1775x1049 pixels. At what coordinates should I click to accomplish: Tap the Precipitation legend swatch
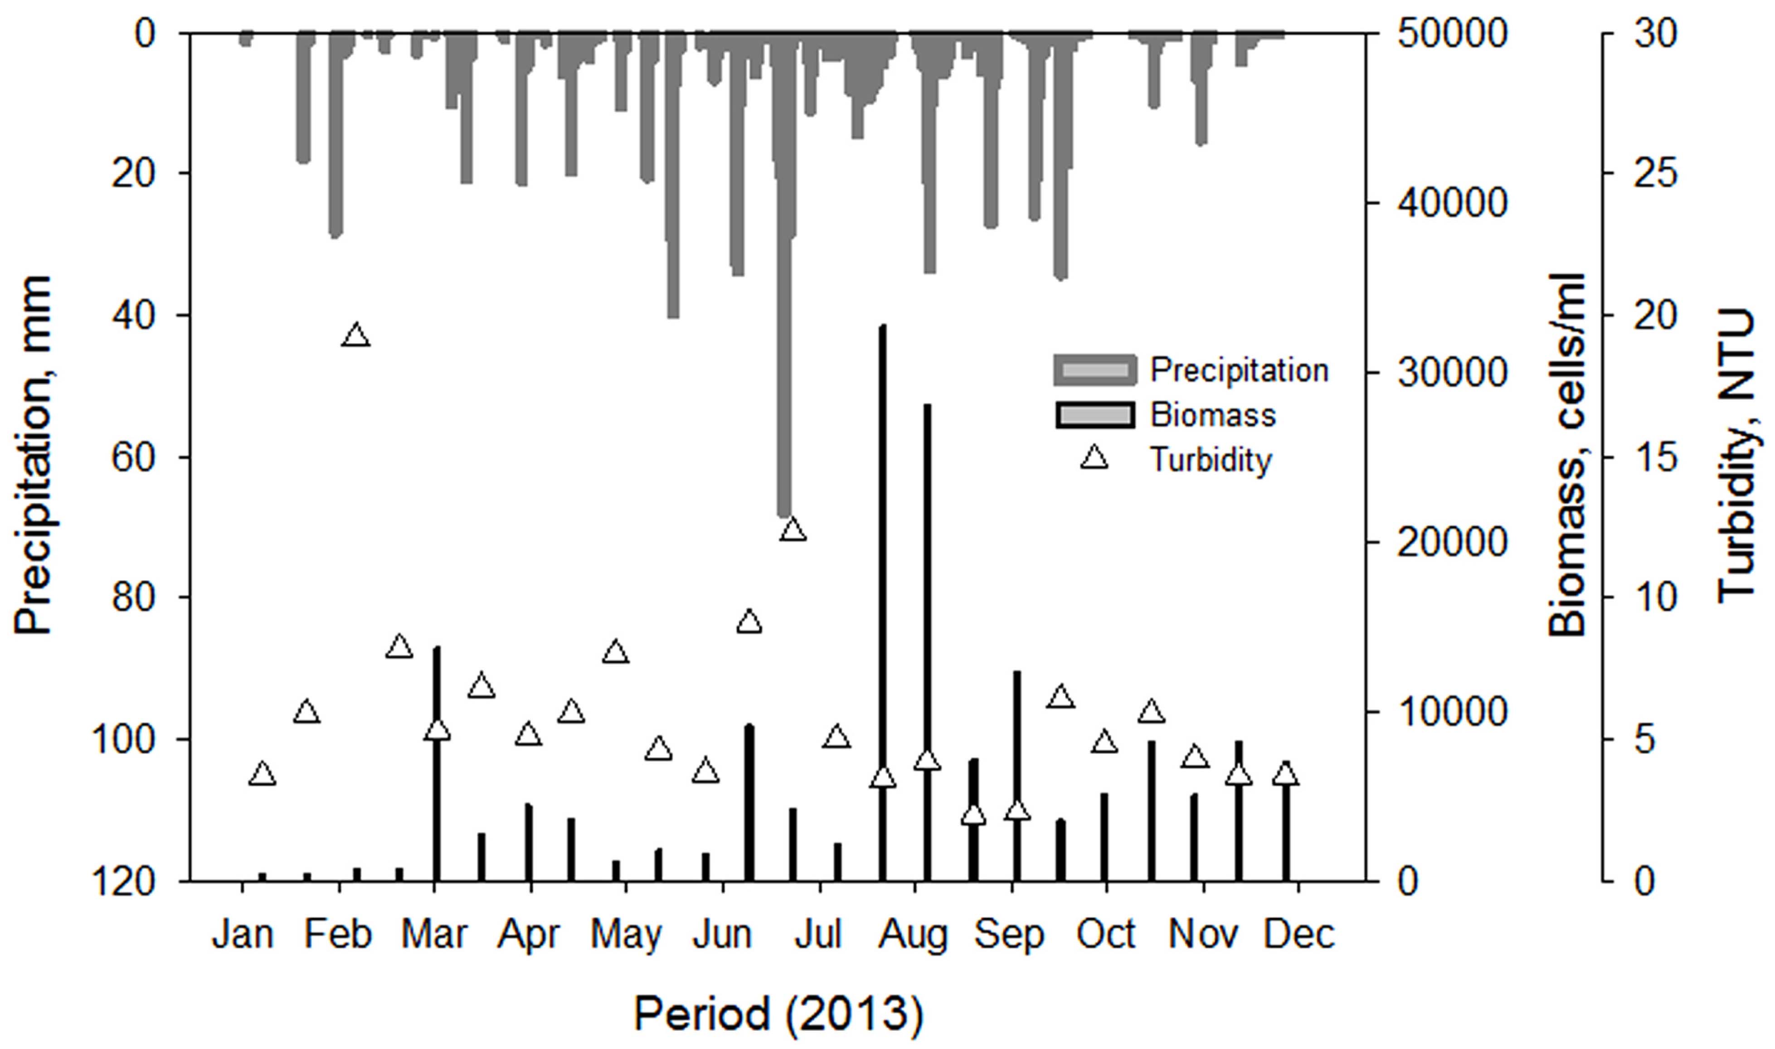click(x=1094, y=370)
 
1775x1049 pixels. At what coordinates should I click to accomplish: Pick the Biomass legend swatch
click(x=1094, y=415)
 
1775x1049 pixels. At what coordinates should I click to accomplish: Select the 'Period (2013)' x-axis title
click(x=778, y=1015)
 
